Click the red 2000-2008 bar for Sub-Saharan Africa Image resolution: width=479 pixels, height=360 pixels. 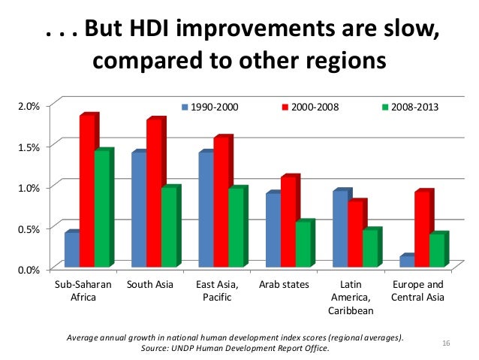[87, 191]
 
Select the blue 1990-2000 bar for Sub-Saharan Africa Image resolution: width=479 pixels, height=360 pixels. [71, 250]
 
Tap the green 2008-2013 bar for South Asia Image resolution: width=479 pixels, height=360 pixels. [169, 227]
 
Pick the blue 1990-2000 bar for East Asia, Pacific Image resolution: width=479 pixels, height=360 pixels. [206, 210]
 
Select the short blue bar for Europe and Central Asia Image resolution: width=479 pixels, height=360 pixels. [408, 262]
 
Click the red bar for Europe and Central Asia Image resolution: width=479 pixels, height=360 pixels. [423, 229]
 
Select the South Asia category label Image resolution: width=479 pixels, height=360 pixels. [150, 285]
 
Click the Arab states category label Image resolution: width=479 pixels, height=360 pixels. [284, 285]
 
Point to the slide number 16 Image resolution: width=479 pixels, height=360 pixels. [446, 343]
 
